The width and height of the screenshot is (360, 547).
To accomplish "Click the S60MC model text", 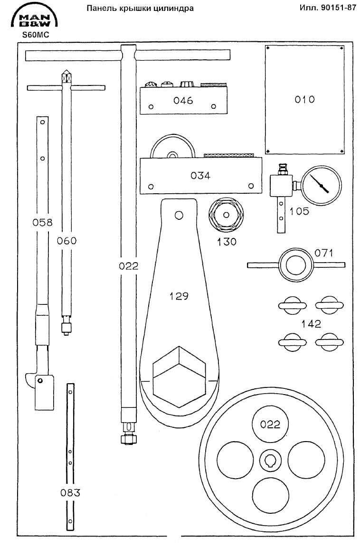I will pyautogui.click(x=33, y=35).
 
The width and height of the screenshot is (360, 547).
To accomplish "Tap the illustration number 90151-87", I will pyautogui.click(x=328, y=9).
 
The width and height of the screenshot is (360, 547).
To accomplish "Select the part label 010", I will pyautogui.click(x=305, y=100).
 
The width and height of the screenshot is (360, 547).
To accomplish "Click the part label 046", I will pyautogui.click(x=183, y=101).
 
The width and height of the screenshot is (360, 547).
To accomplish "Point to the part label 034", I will pyautogui.click(x=200, y=175).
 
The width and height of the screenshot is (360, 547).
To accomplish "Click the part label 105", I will pyautogui.click(x=299, y=211).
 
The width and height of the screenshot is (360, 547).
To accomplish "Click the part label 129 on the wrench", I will pyautogui.click(x=180, y=296).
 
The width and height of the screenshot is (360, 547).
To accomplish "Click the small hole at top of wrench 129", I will pyautogui.click(x=179, y=215).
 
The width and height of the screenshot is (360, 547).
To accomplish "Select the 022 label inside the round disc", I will pyautogui.click(x=270, y=424).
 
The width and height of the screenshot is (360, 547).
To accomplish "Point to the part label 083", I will pyautogui.click(x=70, y=492).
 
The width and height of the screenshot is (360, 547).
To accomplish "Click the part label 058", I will pyautogui.click(x=42, y=222).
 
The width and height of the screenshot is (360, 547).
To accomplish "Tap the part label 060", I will pyautogui.click(x=66, y=241).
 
